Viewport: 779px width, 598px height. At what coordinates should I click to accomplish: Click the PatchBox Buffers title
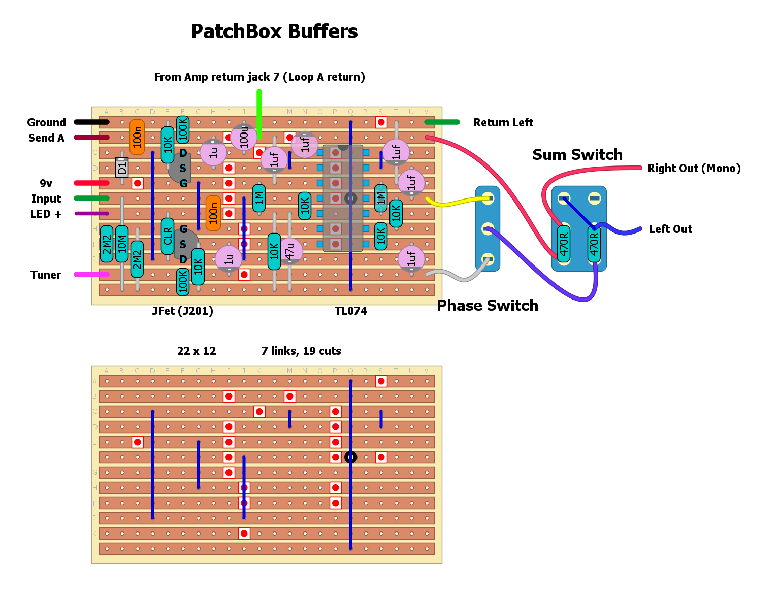click(x=274, y=31)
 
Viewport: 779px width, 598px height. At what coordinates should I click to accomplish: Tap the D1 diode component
click(x=122, y=167)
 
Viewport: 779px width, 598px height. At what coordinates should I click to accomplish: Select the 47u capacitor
click(x=290, y=251)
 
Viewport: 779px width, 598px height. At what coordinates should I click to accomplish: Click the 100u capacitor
click(x=244, y=137)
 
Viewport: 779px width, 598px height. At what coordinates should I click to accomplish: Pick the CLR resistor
click(x=168, y=236)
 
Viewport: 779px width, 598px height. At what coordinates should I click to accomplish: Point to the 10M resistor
click(x=122, y=244)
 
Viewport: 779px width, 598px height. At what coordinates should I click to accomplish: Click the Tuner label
click(x=46, y=275)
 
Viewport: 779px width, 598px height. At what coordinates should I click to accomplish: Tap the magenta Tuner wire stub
click(x=91, y=275)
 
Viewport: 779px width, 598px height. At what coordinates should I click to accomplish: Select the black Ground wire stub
click(x=91, y=122)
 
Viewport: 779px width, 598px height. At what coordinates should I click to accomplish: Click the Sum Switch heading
click(x=577, y=155)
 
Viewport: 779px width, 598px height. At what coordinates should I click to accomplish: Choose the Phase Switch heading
click(x=488, y=305)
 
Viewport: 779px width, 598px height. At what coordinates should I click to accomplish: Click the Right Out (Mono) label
click(x=694, y=168)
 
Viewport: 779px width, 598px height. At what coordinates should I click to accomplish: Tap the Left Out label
click(x=670, y=229)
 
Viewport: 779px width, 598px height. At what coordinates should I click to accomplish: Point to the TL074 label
click(x=351, y=311)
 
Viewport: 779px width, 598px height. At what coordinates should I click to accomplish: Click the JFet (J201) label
click(x=183, y=311)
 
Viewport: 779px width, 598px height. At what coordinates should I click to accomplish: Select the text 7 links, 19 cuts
click(x=301, y=351)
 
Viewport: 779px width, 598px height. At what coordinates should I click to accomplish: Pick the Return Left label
click(x=503, y=122)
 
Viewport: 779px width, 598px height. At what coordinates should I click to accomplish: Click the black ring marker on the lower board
click(x=350, y=457)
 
